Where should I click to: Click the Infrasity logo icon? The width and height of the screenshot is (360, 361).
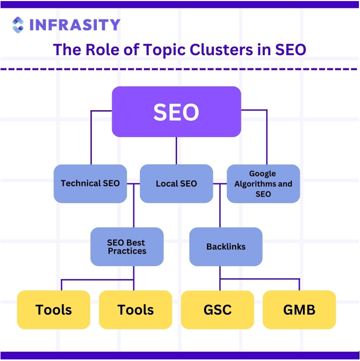pyautogui.click(x=18, y=25)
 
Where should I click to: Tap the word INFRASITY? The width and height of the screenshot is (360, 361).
pyautogui.click(x=75, y=25)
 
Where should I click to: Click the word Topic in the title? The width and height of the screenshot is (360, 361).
pyautogui.click(x=164, y=50)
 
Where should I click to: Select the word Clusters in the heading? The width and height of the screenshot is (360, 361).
pyautogui.click(x=221, y=49)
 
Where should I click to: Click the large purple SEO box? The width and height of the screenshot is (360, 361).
pyautogui.click(x=176, y=112)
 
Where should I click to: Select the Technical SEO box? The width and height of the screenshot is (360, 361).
pyautogui.click(x=90, y=183)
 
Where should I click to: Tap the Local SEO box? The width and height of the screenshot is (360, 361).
pyautogui.click(x=176, y=183)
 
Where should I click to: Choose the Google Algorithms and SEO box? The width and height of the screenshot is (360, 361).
pyautogui.click(x=263, y=183)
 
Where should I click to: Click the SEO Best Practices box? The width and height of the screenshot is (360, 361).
pyautogui.click(x=127, y=246)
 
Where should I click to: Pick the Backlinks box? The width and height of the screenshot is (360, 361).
pyautogui.click(x=226, y=246)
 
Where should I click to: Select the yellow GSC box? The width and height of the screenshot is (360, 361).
pyautogui.click(x=218, y=310)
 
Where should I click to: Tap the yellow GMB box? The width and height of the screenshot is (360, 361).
pyautogui.click(x=299, y=310)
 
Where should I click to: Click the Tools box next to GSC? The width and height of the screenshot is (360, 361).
pyautogui.click(x=136, y=310)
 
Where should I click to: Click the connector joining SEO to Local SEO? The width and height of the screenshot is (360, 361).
pyautogui.click(x=176, y=151)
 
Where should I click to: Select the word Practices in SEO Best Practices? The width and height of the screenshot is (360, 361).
pyautogui.click(x=127, y=251)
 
